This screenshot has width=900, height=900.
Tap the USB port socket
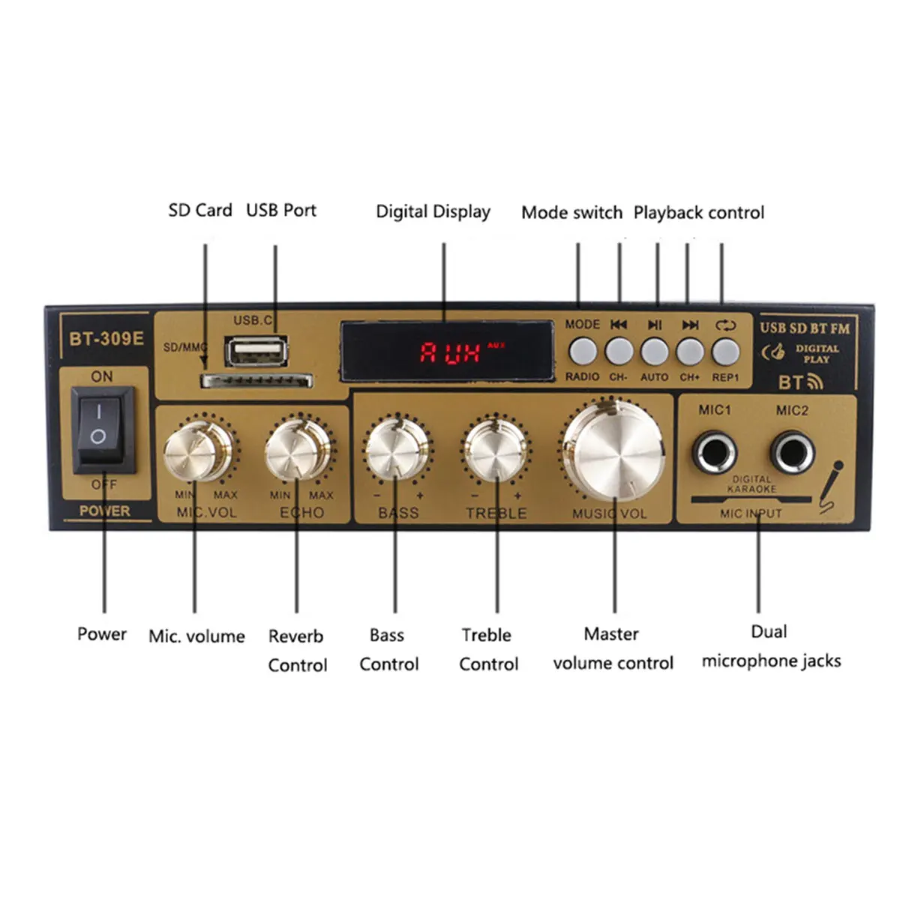[256, 351]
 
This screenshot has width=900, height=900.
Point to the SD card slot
[256, 381]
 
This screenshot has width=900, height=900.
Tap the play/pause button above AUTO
[654, 351]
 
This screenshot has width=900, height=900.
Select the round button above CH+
[690, 351]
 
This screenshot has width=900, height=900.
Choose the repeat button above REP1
[725, 351]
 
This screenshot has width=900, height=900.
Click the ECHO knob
[297, 451]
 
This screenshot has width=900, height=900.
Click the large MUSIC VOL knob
[613, 448]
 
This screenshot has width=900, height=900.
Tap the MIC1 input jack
[714, 453]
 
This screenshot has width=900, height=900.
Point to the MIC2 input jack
[792, 453]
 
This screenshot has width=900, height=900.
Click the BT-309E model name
[106, 338]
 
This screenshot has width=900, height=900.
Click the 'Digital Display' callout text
[433, 212]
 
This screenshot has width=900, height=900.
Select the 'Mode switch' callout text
[571, 213]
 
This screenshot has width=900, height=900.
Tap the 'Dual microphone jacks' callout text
[770, 646]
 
